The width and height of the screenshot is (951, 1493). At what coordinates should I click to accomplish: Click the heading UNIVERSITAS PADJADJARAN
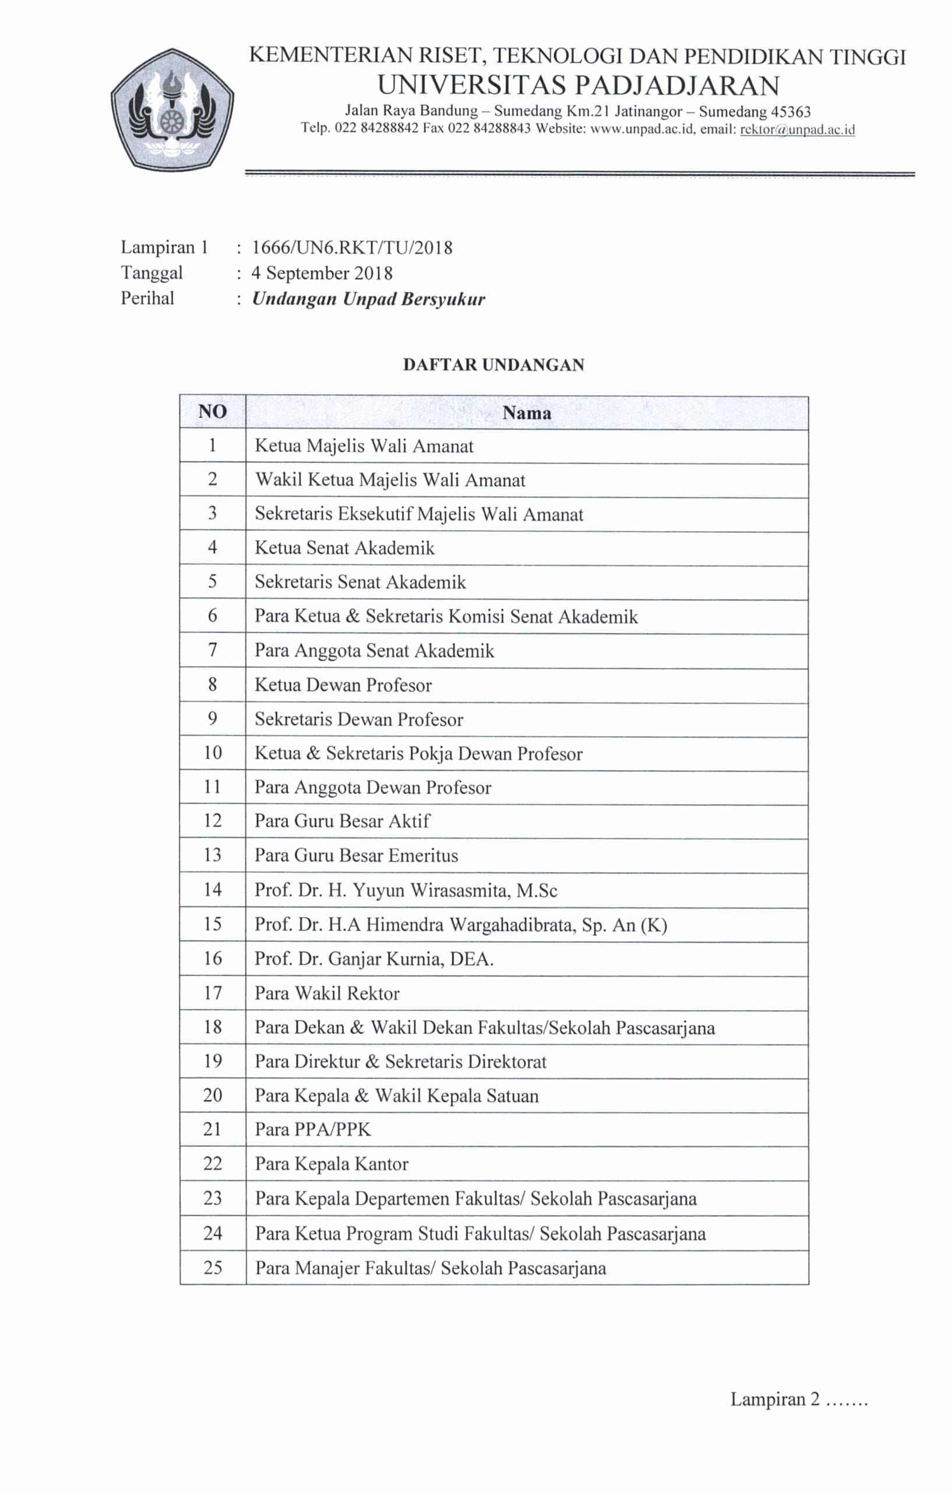tap(577, 86)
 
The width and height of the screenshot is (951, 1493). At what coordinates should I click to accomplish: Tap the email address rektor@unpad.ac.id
tap(797, 130)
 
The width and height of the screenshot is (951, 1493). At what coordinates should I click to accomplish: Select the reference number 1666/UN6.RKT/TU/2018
tap(352, 247)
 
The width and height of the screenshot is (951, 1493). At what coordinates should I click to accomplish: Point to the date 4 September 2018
tap(321, 273)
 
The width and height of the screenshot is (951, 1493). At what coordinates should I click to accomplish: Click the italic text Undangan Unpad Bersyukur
tap(368, 299)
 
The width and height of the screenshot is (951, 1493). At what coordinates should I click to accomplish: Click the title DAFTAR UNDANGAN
tap(493, 365)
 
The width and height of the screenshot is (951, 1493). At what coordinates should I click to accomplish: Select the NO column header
tap(212, 412)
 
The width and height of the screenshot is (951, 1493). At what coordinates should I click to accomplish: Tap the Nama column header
tap(527, 412)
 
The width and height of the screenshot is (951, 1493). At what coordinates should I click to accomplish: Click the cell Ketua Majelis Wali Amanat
tap(364, 446)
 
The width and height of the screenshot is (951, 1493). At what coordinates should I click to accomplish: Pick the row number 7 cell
tap(212, 650)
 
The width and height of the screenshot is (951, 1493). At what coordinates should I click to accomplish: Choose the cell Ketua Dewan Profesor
tap(343, 685)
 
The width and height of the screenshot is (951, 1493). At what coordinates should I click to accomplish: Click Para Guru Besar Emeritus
tap(356, 855)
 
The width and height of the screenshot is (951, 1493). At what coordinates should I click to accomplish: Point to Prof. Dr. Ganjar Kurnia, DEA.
tap(374, 958)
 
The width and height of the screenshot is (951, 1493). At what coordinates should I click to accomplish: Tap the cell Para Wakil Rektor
tap(327, 993)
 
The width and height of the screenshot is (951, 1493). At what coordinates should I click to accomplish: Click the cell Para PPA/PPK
tap(313, 1129)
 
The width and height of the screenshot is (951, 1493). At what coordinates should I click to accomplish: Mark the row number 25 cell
tap(212, 1267)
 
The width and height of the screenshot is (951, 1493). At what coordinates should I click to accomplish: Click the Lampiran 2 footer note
tap(798, 1399)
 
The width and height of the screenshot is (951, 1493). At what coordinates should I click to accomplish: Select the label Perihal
tap(147, 298)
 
